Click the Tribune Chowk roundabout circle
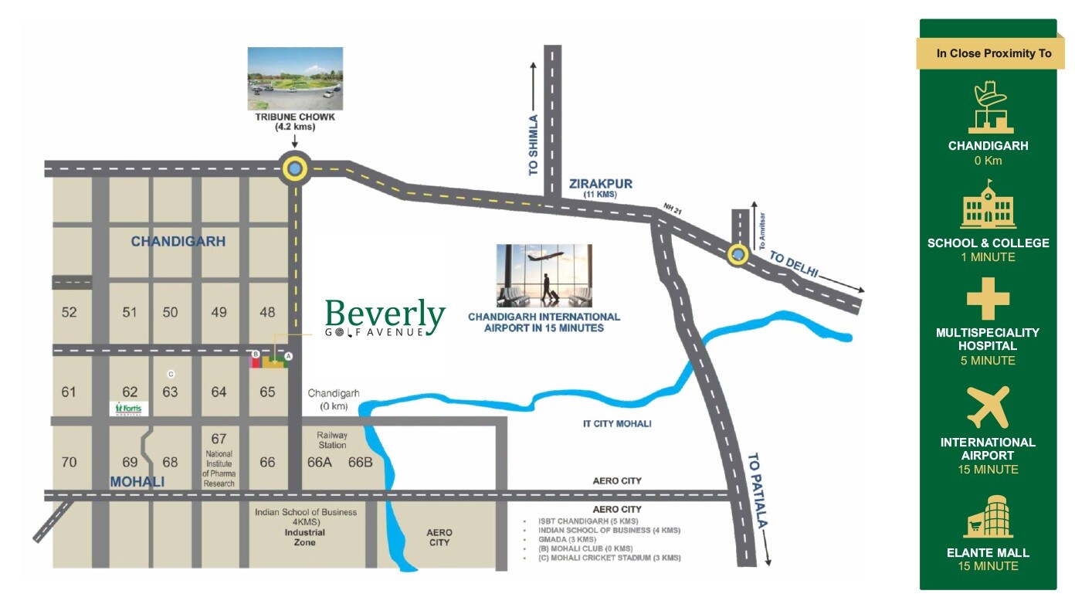coord(295,168)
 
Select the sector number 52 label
coord(70,312)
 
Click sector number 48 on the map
coord(267,312)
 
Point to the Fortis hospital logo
coord(128,408)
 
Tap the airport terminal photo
coord(544,276)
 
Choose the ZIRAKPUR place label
coord(600,184)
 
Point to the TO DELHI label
coord(794,266)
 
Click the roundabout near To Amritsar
coord(739,254)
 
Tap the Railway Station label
coord(332,439)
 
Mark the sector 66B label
coord(361,463)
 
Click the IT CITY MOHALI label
coord(616,423)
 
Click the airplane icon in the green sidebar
coord(988,407)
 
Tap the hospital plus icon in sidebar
coord(988,299)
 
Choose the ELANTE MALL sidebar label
coord(988,552)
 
